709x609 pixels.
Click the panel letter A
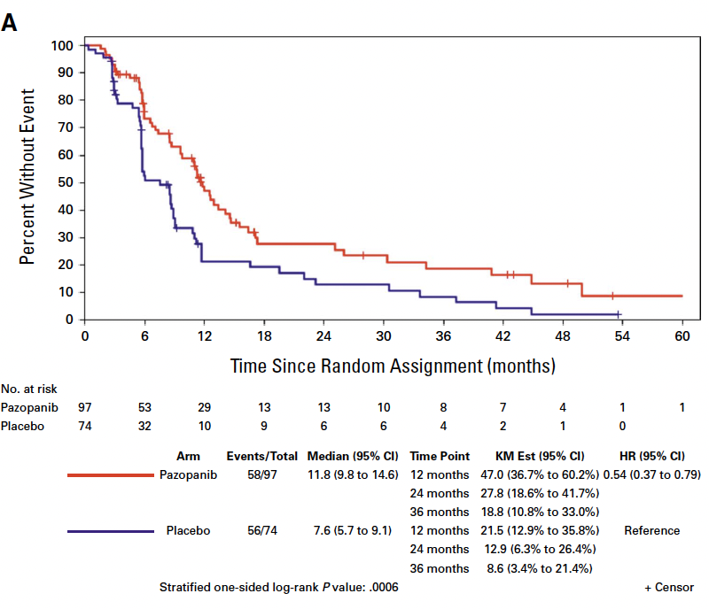pos(11,24)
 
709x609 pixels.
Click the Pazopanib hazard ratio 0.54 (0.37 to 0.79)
pos(651,475)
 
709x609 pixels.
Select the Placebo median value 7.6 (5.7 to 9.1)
pos(352,531)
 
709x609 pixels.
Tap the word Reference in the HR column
pos(651,531)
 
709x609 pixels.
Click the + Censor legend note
pos(669,588)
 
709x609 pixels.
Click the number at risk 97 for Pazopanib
pos(85,407)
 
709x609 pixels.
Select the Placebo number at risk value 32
pos(144,425)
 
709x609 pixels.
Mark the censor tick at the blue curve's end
pos(619,314)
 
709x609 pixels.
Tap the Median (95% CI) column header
pos(352,457)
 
